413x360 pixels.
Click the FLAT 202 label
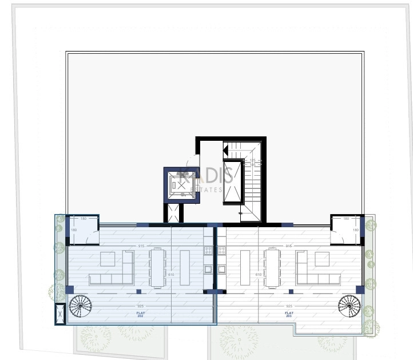140,314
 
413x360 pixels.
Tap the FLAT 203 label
289,314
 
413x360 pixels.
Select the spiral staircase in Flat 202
81,306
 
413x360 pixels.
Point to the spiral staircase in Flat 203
349,306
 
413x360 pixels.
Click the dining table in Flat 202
157,266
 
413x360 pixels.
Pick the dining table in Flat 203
272,266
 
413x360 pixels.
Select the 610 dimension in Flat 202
171,275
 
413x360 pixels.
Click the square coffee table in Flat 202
107,259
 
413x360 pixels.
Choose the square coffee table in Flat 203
322,259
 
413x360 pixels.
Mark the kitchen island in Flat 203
245,267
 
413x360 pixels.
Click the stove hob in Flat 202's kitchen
208,251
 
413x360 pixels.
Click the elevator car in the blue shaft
182,185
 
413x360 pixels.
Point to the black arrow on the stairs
225,151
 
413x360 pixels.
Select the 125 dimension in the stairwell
252,161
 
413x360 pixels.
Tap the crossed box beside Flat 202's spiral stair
60,314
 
